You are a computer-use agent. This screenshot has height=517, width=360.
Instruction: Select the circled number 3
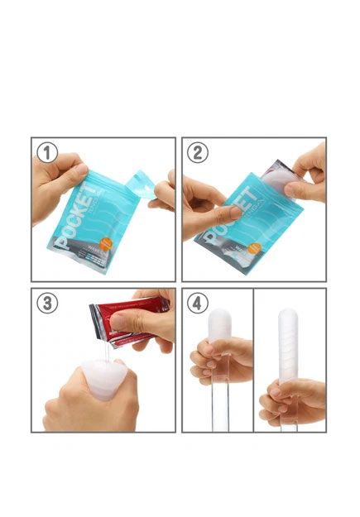pyautogui.click(x=47, y=303)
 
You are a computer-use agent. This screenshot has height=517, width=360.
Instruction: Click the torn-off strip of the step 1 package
pyautogui.click(x=140, y=187)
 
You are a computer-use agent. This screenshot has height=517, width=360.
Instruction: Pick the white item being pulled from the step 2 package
pyautogui.click(x=278, y=177)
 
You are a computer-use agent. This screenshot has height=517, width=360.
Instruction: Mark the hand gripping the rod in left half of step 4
pyautogui.click(x=218, y=363)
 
